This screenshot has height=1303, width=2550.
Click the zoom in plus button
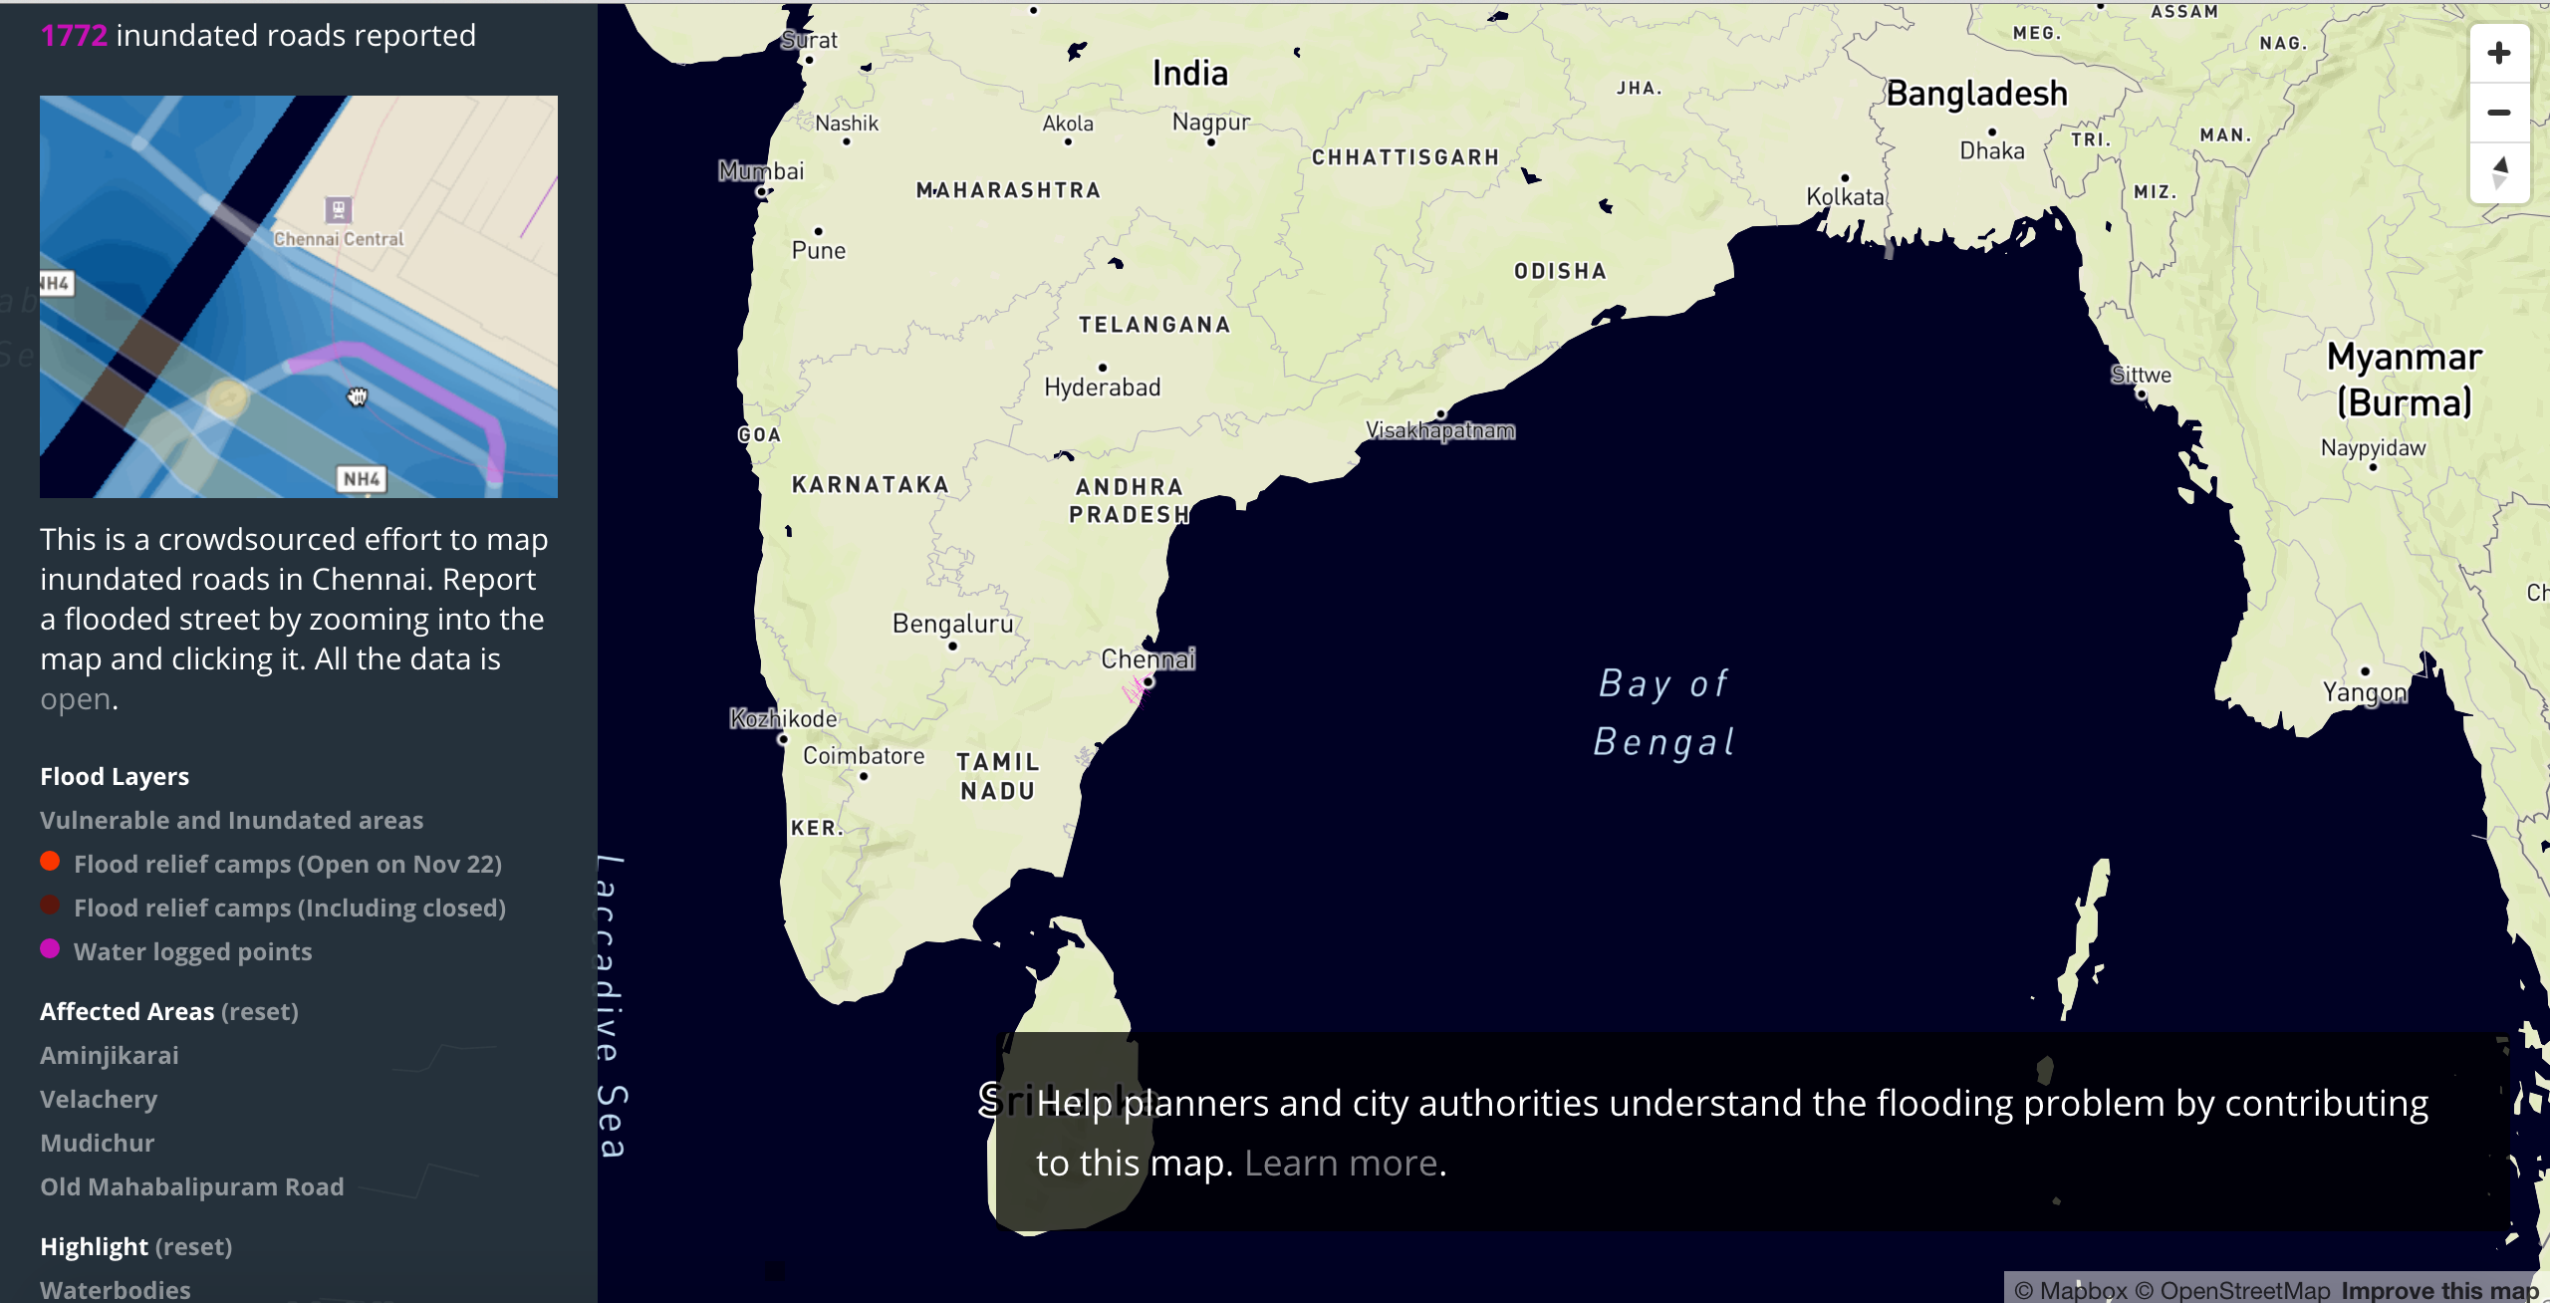click(2498, 53)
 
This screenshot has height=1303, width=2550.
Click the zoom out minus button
click(2498, 113)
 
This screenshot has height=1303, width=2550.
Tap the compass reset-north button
click(2498, 172)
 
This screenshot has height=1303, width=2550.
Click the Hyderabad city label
click(1102, 387)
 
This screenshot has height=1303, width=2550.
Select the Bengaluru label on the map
click(952, 624)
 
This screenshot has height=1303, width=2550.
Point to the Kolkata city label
click(1845, 196)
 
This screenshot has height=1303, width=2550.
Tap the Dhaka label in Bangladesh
click(1991, 150)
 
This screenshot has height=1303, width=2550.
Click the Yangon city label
click(2364, 691)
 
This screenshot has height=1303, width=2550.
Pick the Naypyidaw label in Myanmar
click(2373, 448)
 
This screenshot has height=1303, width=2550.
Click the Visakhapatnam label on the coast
click(1439, 430)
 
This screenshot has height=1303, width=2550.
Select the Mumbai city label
click(761, 171)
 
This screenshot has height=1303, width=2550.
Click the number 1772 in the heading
click(74, 36)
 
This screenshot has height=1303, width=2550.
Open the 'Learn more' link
click(1341, 1163)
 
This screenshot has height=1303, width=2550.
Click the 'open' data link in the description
click(76, 699)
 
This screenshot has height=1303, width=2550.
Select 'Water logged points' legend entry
click(192, 951)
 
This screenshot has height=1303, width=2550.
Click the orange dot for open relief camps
click(50, 862)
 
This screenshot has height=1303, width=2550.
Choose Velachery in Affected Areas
click(99, 1099)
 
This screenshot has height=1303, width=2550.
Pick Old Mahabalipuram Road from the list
click(192, 1186)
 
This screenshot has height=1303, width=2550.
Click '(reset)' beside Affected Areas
click(259, 1011)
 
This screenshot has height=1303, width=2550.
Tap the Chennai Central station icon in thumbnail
click(339, 209)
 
